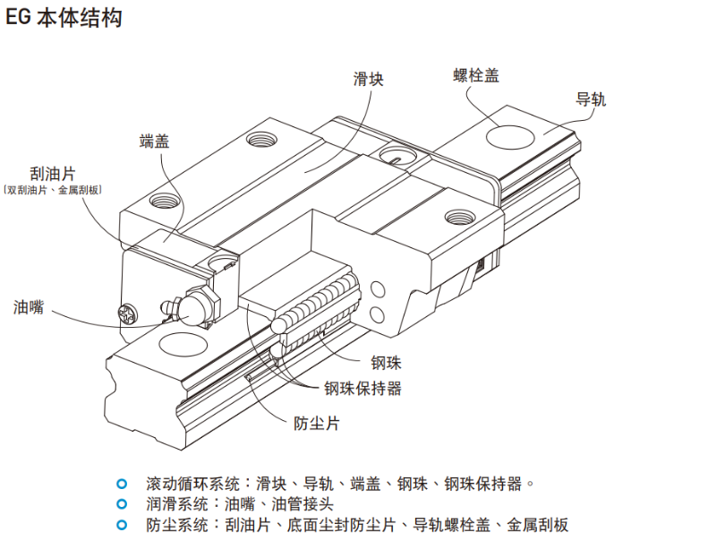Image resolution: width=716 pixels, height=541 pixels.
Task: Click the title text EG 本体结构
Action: (x=64, y=17)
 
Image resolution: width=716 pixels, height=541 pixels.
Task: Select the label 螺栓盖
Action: (x=476, y=75)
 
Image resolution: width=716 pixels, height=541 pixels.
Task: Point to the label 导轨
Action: (x=591, y=99)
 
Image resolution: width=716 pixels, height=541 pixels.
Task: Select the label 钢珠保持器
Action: (x=362, y=388)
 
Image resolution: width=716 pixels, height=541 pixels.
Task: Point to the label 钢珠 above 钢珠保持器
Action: (x=387, y=363)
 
